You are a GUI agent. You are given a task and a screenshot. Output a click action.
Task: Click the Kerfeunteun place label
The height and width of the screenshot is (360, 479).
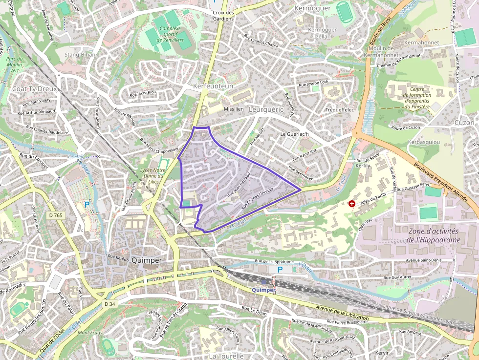213,86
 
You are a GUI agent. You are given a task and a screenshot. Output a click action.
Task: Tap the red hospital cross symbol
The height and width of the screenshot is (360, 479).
351,203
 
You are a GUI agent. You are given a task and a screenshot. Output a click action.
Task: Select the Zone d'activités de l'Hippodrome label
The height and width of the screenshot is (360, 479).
433,235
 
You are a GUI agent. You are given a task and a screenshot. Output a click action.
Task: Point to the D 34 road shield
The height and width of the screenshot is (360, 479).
109,304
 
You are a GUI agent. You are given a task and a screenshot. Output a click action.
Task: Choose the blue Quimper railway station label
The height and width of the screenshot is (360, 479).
263,290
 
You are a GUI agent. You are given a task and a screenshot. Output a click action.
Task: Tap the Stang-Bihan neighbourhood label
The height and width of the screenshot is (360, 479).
80,55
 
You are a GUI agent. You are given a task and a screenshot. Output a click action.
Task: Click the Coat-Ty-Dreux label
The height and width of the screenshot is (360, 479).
35,89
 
